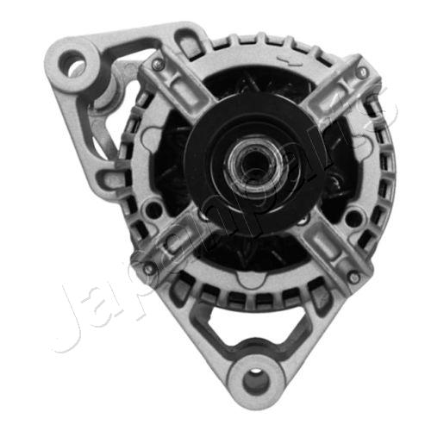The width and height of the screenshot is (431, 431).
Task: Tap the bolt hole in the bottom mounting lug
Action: (254, 378)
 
